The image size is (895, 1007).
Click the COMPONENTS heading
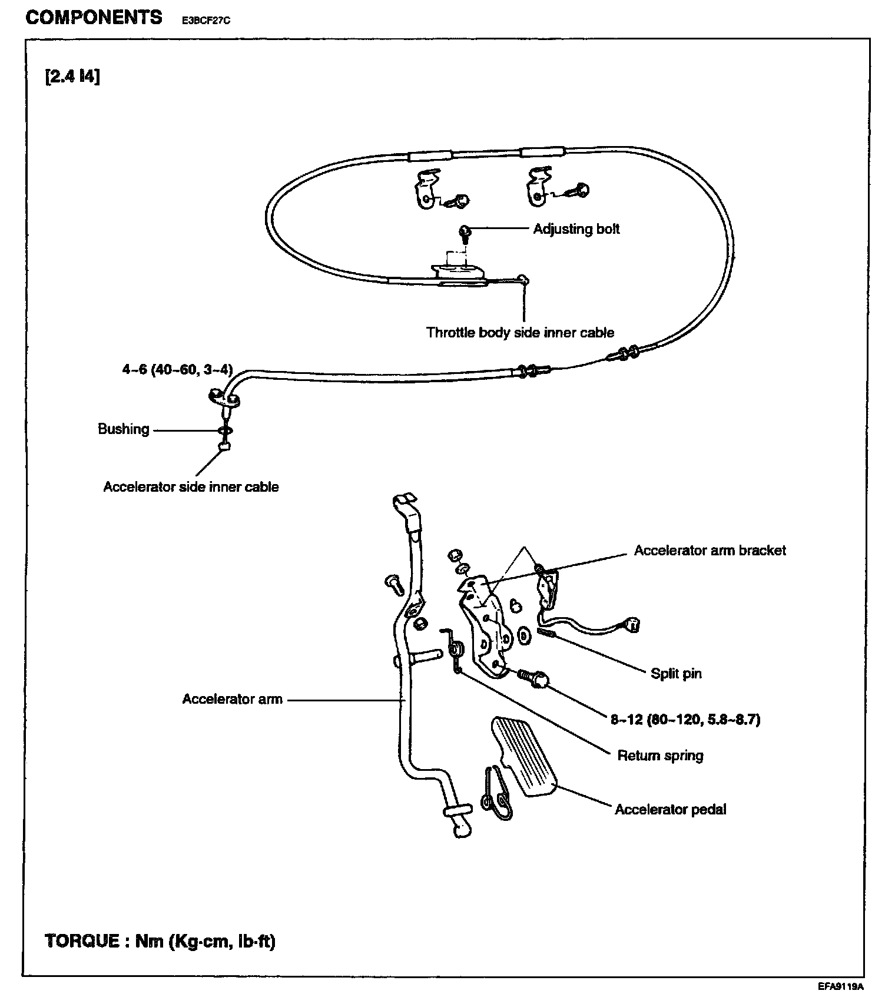click(94, 17)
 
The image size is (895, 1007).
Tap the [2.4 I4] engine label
click(72, 77)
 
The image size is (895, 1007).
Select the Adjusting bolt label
click(576, 228)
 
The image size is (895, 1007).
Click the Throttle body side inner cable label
click(520, 333)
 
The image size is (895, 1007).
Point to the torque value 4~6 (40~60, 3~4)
click(177, 369)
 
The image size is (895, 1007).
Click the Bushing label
click(124, 429)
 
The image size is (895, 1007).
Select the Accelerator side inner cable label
click(191, 487)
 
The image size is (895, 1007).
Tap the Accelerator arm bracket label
click(710, 550)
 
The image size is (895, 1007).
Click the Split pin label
click(676, 673)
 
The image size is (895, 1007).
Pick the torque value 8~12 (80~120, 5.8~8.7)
click(685, 719)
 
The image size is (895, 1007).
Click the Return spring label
click(660, 755)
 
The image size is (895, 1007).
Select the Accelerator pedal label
click(670, 809)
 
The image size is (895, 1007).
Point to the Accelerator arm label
click(232, 699)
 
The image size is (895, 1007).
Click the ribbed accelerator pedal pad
click(524, 756)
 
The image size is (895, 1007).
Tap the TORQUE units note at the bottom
click(160, 940)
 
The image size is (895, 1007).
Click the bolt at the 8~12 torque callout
click(533, 678)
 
